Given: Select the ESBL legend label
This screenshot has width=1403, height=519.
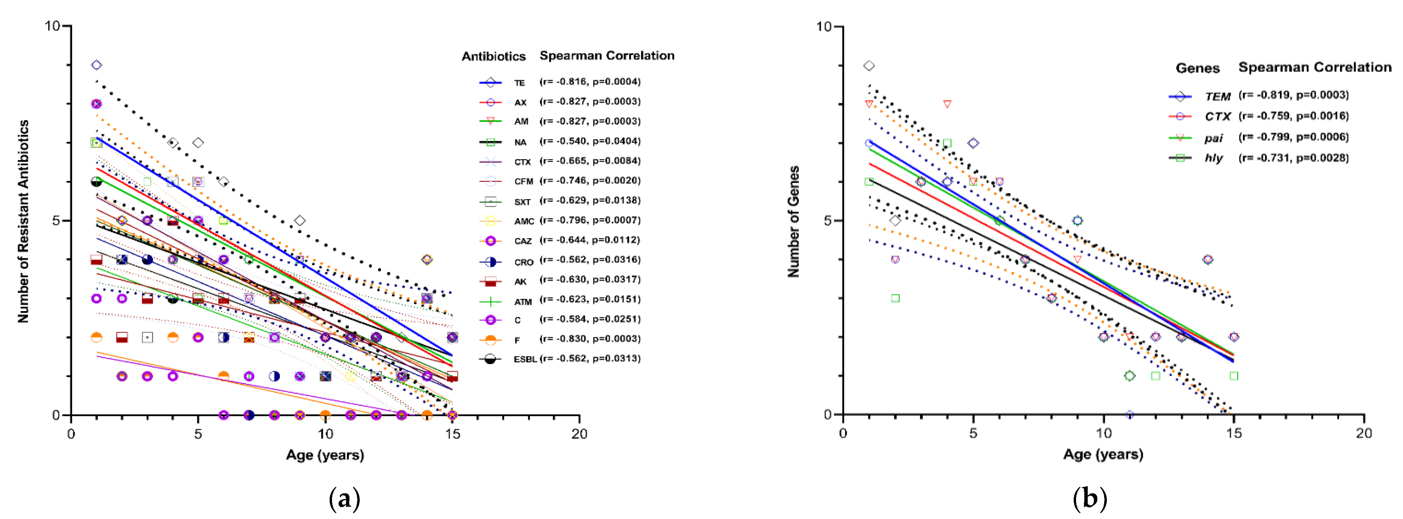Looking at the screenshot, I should tap(525, 359).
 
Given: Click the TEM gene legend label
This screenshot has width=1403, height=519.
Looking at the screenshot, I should tap(1217, 96).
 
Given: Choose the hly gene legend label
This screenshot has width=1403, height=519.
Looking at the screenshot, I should tap(1214, 158).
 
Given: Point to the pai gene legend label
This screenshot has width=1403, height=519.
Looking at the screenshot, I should tap(1214, 138).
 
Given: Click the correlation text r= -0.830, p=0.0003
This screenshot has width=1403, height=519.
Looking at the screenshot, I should tap(590, 339).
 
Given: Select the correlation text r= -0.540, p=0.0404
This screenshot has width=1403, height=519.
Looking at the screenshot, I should tap(590, 141).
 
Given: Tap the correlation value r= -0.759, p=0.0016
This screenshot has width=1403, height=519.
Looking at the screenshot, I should tap(1294, 116).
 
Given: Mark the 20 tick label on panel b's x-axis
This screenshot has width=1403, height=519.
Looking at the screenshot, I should tap(1363, 433).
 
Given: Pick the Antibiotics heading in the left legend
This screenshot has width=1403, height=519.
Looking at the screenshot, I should tap(493, 56).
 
